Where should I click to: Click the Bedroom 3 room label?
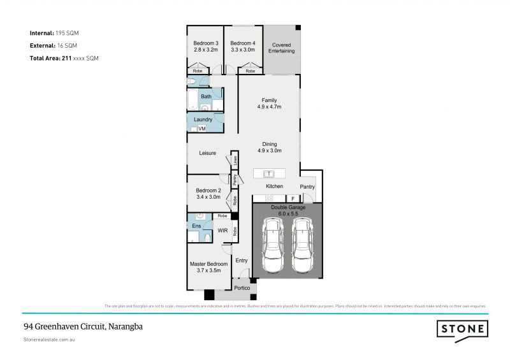click(205, 43)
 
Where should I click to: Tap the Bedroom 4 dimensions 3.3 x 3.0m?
click(242, 49)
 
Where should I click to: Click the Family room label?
click(268, 99)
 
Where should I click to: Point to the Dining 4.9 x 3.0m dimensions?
click(269, 151)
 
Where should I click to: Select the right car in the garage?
click(303, 245)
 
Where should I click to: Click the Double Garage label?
click(288, 207)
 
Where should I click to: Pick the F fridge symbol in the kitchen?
click(293, 198)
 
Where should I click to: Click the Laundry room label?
click(203, 120)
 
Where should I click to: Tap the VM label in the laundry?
click(202, 129)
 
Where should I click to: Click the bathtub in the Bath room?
click(193, 101)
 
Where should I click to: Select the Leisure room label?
click(208, 154)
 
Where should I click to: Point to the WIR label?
click(223, 230)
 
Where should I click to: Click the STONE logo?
click(462, 329)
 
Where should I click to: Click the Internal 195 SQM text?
click(54, 32)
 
